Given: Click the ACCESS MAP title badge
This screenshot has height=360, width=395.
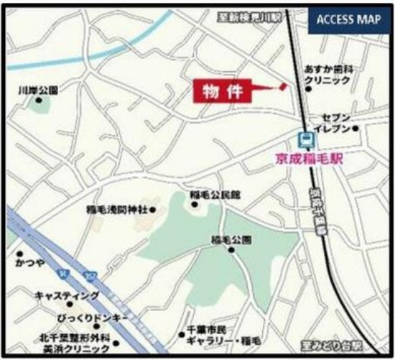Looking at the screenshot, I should coord(348,19).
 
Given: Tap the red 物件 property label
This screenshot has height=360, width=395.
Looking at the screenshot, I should coord(222,92).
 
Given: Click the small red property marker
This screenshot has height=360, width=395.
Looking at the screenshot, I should coord(283,86).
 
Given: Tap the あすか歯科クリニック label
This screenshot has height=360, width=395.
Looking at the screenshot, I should coord(330,74).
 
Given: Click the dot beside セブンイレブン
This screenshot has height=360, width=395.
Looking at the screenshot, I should coord(355,129).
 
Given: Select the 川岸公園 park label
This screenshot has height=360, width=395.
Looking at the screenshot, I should coord(38,91).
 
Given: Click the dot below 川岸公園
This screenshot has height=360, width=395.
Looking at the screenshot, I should coord(38,101).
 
